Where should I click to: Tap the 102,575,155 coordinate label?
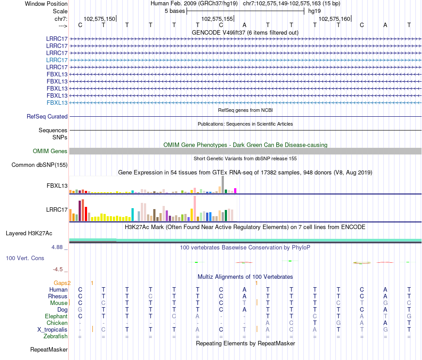click(x=217, y=19)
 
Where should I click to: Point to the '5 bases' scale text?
click(x=175, y=11)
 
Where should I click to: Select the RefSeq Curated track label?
click(x=47, y=117)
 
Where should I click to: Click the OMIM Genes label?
click(x=50, y=151)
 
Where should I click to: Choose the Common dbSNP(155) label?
click(x=40, y=165)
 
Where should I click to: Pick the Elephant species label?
click(x=56, y=316)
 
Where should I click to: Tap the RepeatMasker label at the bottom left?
click(x=49, y=350)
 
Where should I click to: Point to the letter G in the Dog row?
click(x=80, y=309)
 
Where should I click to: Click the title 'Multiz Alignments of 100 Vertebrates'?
click(x=245, y=277)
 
